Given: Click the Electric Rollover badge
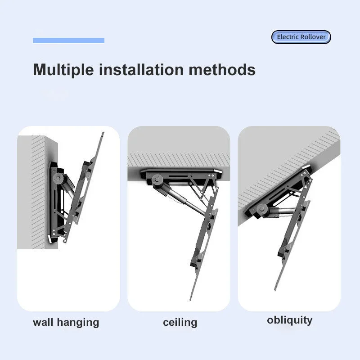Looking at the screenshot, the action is [301, 37].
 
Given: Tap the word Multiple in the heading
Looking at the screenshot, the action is [63, 70].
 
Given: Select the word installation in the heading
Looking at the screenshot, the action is [141, 69].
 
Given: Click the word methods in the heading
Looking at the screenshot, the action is [222, 69].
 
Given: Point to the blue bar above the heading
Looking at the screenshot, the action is [69, 40].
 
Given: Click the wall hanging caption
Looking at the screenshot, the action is [66, 323].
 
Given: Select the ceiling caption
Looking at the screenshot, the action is [180, 323].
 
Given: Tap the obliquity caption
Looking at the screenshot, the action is [289, 320].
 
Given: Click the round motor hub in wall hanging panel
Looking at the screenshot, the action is [58, 178].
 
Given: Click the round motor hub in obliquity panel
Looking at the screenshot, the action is [261, 209].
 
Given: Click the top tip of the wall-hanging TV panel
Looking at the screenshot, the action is [103, 132].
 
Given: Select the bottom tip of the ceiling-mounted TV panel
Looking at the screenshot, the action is [191, 300].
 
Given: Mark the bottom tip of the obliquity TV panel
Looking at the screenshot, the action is [275, 290].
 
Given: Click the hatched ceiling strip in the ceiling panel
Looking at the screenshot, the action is [179, 160].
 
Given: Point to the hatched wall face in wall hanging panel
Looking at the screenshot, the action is [38, 192].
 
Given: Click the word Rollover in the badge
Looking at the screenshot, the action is [313, 37].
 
